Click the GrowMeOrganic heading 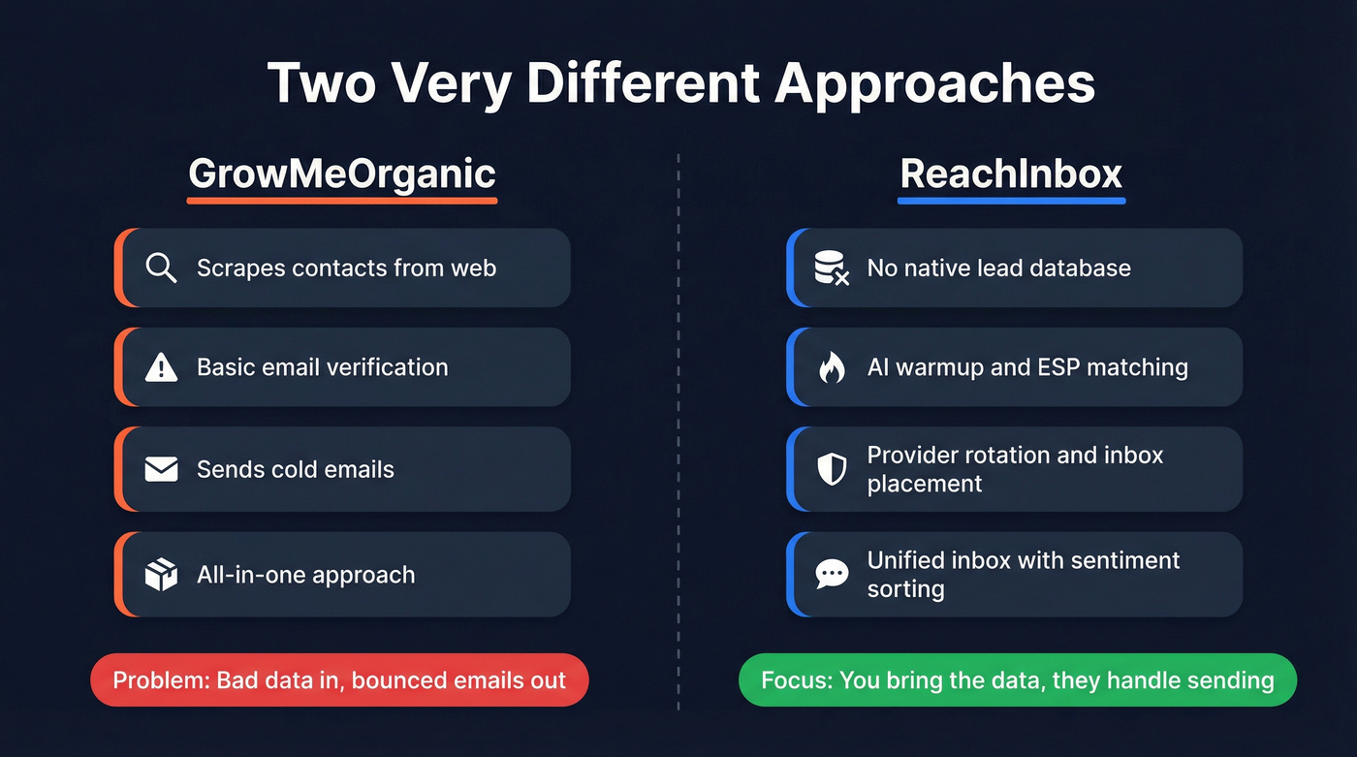point(342,173)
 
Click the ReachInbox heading point(1011,173)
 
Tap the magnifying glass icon point(161,268)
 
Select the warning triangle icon point(161,367)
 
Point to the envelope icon point(161,470)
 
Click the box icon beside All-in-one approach point(161,575)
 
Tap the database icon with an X point(832,268)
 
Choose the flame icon point(832,367)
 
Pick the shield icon point(832,469)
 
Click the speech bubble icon point(832,574)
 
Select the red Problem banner point(339,680)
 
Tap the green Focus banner point(1017,680)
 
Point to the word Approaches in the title point(934,84)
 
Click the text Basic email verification point(322,367)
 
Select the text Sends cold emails point(295,470)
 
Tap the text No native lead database point(998,268)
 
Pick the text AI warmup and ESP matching point(1026,367)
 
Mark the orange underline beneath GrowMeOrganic point(342,201)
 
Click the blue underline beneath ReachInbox point(1011,201)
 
